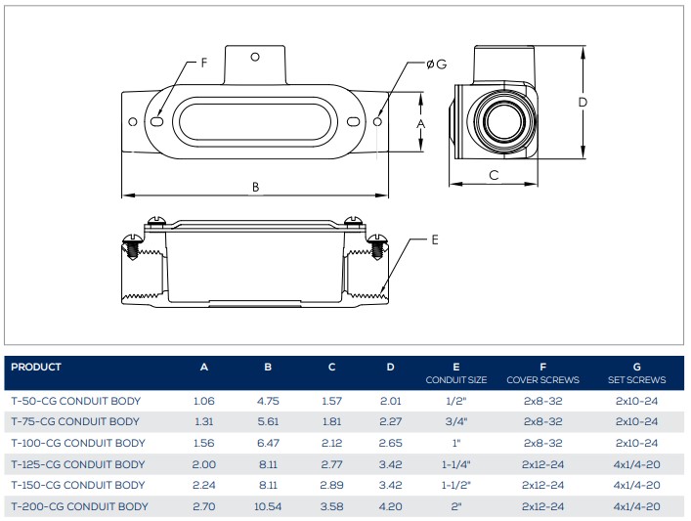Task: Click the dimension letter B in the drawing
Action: click(255, 187)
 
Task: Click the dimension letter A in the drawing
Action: click(421, 124)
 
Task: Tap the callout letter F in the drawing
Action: click(204, 63)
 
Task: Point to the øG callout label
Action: click(436, 64)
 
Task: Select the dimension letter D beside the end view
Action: click(582, 102)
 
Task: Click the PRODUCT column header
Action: click(36, 368)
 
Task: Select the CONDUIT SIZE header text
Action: click(456, 379)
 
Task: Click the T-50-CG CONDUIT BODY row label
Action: click(75, 401)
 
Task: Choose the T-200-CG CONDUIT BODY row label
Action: click(79, 506)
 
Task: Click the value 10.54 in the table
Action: click(268, 506)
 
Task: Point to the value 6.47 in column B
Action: click(268, 443)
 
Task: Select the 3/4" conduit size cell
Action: click(456, 422)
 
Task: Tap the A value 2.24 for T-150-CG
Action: click(204, 486)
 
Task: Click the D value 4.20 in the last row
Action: click(390, 506)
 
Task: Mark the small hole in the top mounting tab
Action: click(255, 57)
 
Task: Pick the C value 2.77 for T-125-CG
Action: click(331, 464)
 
